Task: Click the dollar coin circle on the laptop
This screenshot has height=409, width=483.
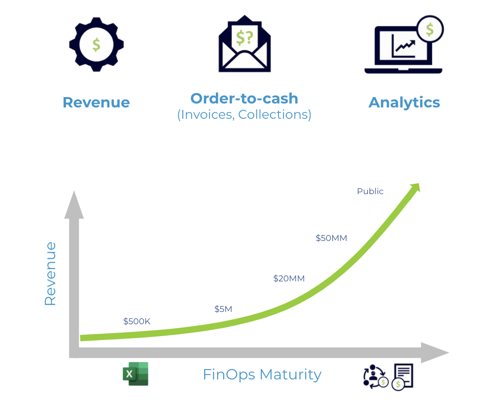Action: pyautogui.click(x=430, y=29)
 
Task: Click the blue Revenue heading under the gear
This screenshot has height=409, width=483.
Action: pyautogui.click(x=97, y=102)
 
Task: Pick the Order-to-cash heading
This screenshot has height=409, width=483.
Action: pyautogui.click(x=244, y=99)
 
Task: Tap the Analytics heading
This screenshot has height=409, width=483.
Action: pyautogui.click(x=404, y=102)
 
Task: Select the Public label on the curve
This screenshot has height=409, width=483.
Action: pyautogui.click(x=370, y=191)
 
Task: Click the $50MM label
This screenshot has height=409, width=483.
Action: pyautogui.click(x=331, y=238)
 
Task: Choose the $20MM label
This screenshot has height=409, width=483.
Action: pyautogui.click(x=289, y=278)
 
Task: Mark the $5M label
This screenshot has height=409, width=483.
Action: pyautogui.click(x=223, y=309)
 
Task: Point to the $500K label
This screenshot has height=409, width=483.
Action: pyautogui.click(x=137, y=321)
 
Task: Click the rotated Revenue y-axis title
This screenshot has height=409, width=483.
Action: pyautogui.click(x=50, y=273)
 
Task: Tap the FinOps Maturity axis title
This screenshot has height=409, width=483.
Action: pyautogui.click(x=262, y=375)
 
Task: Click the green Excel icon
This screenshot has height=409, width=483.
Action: pyautogui.click(x=136, y=374)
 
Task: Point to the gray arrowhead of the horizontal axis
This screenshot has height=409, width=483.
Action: pyautogui.click(x=435, y=353)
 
